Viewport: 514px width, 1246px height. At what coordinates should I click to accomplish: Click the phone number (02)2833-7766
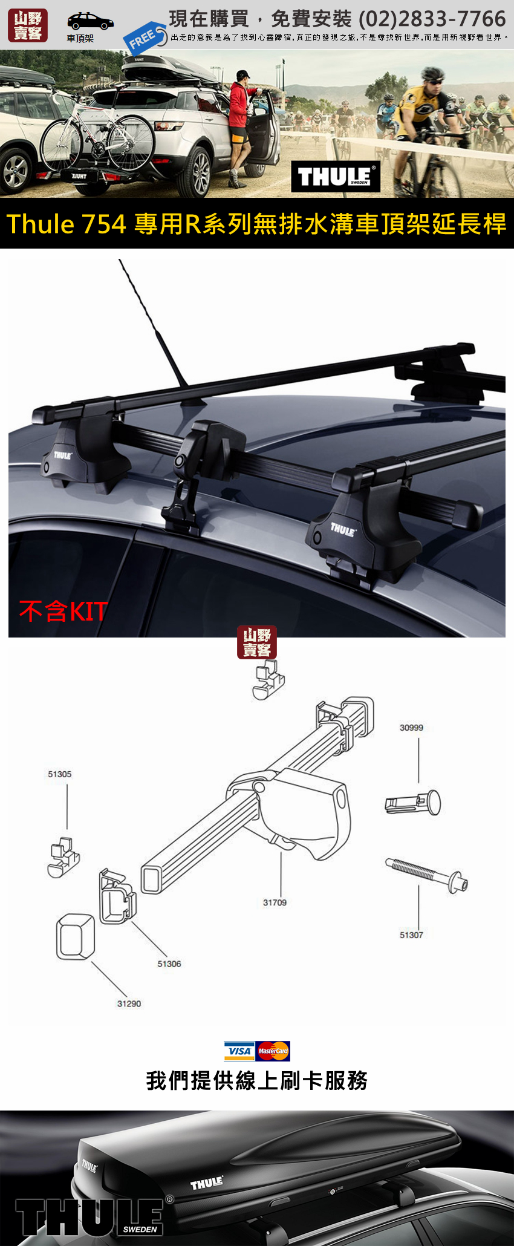tap(432, 19)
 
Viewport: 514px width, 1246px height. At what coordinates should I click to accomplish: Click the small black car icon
tap(90, 21)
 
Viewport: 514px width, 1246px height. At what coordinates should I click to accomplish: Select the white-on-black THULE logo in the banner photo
tap(336, 177)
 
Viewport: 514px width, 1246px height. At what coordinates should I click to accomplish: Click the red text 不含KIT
tap(63, 611)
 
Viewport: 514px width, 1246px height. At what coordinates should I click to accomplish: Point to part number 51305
tap(60, 774)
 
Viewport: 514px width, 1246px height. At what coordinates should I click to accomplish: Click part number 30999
tap(411, 728)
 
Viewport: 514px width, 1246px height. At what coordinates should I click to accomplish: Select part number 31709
tap(275, 902)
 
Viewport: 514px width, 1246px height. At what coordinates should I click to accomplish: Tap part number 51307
tap(411, 935)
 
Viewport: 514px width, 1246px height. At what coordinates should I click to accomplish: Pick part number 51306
tap(169, 964)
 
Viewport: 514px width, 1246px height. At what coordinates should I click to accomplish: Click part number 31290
tap(129, 1003)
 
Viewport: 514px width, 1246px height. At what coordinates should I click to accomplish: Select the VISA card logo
tap(239, 1051)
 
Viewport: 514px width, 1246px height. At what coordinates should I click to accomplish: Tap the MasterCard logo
tap(273, 1051)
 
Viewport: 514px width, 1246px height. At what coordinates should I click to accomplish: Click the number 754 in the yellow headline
tap(103, 224)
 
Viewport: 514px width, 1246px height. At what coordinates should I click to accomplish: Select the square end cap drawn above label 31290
tap(76, 936)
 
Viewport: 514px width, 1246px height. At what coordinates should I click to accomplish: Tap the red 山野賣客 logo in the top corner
tap(28, 25)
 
